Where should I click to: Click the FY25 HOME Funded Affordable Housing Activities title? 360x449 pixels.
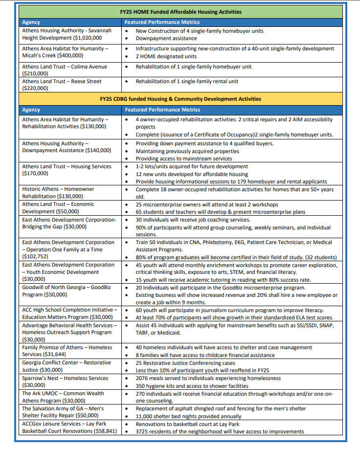(180, 11)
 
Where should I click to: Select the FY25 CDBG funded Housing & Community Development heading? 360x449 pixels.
(180, 99)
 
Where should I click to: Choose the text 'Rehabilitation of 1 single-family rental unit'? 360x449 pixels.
(187, 81)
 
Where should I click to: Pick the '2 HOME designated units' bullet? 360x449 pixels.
(162, 56)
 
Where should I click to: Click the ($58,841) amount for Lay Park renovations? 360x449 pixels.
(102, 431)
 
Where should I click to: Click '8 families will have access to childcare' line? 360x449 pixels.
(205, 355)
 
